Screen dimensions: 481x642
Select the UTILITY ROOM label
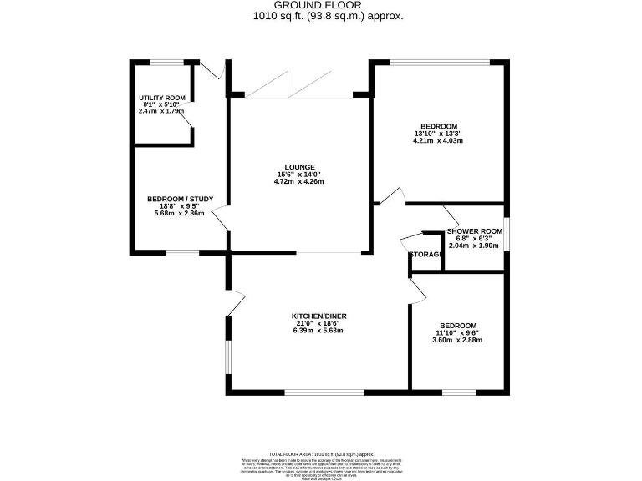161,98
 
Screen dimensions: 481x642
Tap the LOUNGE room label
300,165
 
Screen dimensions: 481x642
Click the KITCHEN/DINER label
318,316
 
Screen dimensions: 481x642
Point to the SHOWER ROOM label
474,231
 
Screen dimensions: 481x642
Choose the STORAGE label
425,254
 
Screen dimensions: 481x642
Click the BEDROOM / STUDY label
180,199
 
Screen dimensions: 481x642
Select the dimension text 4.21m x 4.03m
437,140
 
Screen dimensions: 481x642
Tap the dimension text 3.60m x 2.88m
458,341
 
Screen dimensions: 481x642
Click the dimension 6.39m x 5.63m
318,331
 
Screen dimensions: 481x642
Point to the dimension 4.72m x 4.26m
300,181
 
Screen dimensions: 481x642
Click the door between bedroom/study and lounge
221,220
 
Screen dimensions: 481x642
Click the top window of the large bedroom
440,63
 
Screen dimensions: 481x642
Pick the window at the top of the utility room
166,63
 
